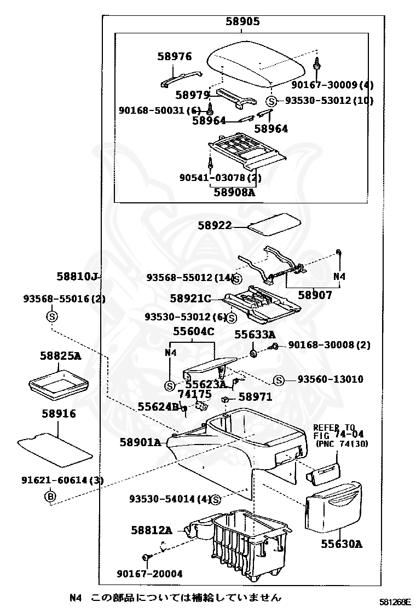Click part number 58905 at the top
[x=242, y=21]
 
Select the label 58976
[x=175, y=56]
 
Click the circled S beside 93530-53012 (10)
[x=271, y=101]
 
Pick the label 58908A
[x=234, y=191]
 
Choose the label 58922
[x=215, y=225]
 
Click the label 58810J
[x=77, y=277]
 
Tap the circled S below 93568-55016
[x=52, y=317]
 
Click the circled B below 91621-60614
[x=50, y=496]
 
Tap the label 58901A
[x=140, y=442]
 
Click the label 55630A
[x=342, y=544]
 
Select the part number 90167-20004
[x=150, y=574]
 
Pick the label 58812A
[x=151, y=530]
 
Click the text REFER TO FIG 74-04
[x=338, y=431]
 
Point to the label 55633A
[x=255, y=334]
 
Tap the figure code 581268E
[x=395, y=602]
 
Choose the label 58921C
[x=190, y=298]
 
